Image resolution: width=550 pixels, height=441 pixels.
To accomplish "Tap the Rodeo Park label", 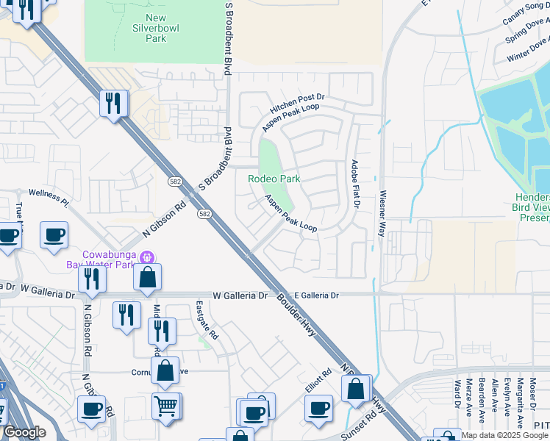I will (274, 179).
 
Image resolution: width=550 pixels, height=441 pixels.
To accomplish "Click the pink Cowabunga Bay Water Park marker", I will (147, 257).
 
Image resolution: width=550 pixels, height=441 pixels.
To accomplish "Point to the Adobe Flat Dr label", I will (354, 184).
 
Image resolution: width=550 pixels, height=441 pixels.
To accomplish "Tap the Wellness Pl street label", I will (49, 196).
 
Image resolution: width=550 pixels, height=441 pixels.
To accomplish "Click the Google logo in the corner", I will (24, 432).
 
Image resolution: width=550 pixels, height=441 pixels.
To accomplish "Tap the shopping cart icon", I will (166, 404).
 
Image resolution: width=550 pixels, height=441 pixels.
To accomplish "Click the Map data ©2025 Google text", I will (504, 435).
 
